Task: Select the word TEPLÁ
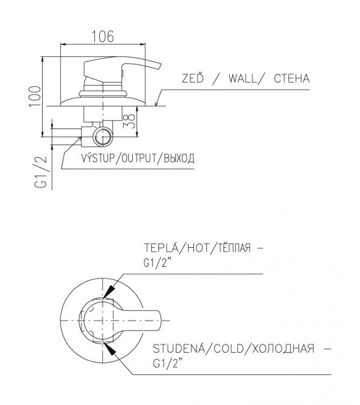tap(162, 249)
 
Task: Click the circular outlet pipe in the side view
tap(101, 137)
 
